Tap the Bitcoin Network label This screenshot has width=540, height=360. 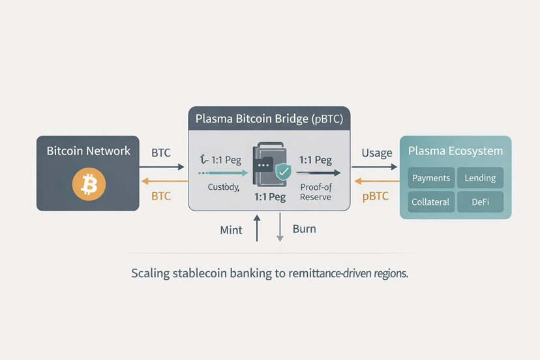pos(88,151)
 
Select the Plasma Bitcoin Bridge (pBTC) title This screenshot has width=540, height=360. pos(269,119)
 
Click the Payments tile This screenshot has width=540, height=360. pos(431,178)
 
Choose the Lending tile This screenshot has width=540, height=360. pos(480,178)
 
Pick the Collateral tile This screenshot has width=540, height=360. pos(431,202)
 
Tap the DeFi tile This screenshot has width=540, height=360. pos(480,202)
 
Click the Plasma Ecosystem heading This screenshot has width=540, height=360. pos(455,151)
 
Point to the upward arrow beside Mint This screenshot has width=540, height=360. pos(257,228)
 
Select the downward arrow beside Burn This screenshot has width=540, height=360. pos(280,228)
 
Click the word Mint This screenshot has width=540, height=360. pos(231,230)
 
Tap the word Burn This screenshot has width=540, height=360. pos(305,230)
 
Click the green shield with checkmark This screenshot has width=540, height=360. pos(283,172)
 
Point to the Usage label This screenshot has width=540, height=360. pos(376,153)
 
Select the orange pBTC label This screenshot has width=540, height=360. pos(376,196)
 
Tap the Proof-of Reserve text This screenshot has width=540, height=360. pos(316,192)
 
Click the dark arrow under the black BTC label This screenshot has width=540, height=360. pos(162,167)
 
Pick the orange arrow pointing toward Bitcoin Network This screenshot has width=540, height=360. pos(162,182)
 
